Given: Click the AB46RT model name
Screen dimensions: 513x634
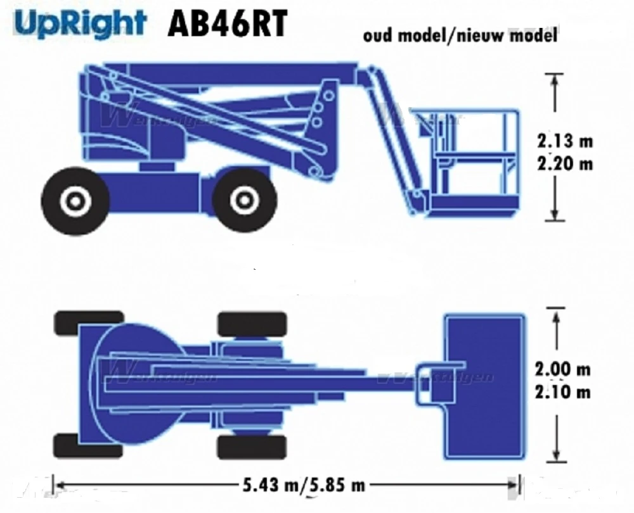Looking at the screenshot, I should [226, 25].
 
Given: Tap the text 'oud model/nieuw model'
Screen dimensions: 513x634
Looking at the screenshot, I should [460, 35].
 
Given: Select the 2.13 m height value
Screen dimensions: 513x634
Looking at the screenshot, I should [564, 140].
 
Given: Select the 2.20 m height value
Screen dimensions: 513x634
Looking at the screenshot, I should [564, 163].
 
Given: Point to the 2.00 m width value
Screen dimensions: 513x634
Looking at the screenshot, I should [562, 369].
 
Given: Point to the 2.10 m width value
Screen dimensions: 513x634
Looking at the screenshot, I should [562, 392].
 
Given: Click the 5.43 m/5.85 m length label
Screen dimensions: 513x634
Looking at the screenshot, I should [304, 486].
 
